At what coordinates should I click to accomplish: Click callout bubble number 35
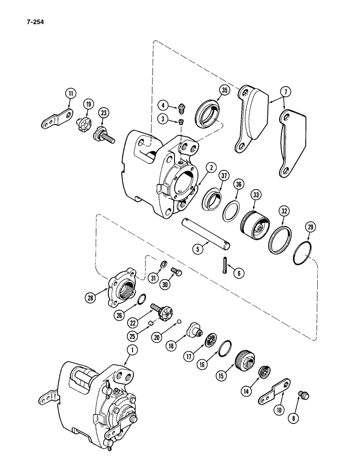tap(224, 91)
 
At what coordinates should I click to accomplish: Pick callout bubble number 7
tap(284, 90)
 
